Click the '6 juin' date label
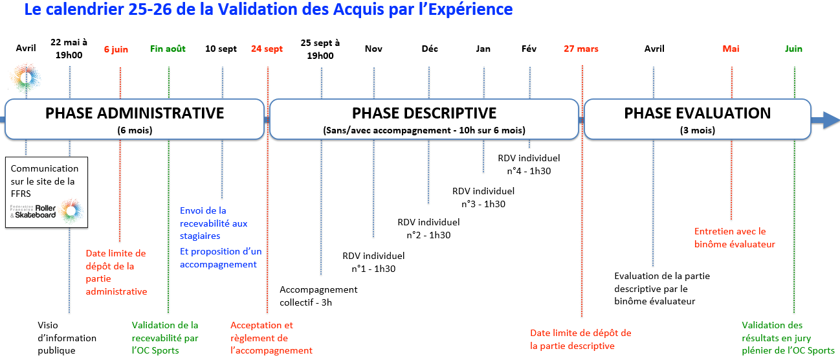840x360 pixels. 116,49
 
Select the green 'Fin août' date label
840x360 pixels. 168,49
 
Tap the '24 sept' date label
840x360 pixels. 267,49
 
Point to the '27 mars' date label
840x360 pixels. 581,49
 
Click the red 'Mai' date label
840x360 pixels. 731,49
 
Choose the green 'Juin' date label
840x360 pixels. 793,49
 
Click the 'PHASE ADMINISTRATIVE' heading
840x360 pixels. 135,113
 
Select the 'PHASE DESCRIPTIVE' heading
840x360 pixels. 424,113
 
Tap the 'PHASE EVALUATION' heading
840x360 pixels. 698,113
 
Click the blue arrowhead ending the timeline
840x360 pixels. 831,120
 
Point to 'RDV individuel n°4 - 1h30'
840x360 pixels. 529,164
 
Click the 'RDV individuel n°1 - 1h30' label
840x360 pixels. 373,262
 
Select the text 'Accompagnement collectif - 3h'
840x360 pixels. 318,296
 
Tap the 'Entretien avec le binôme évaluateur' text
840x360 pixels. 735,238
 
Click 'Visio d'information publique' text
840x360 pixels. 67,337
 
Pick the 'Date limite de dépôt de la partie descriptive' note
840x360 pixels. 580,339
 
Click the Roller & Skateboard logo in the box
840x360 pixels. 47,212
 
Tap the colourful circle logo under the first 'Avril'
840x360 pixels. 25,78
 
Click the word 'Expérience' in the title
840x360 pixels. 470,10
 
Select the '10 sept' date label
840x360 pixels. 221,49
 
